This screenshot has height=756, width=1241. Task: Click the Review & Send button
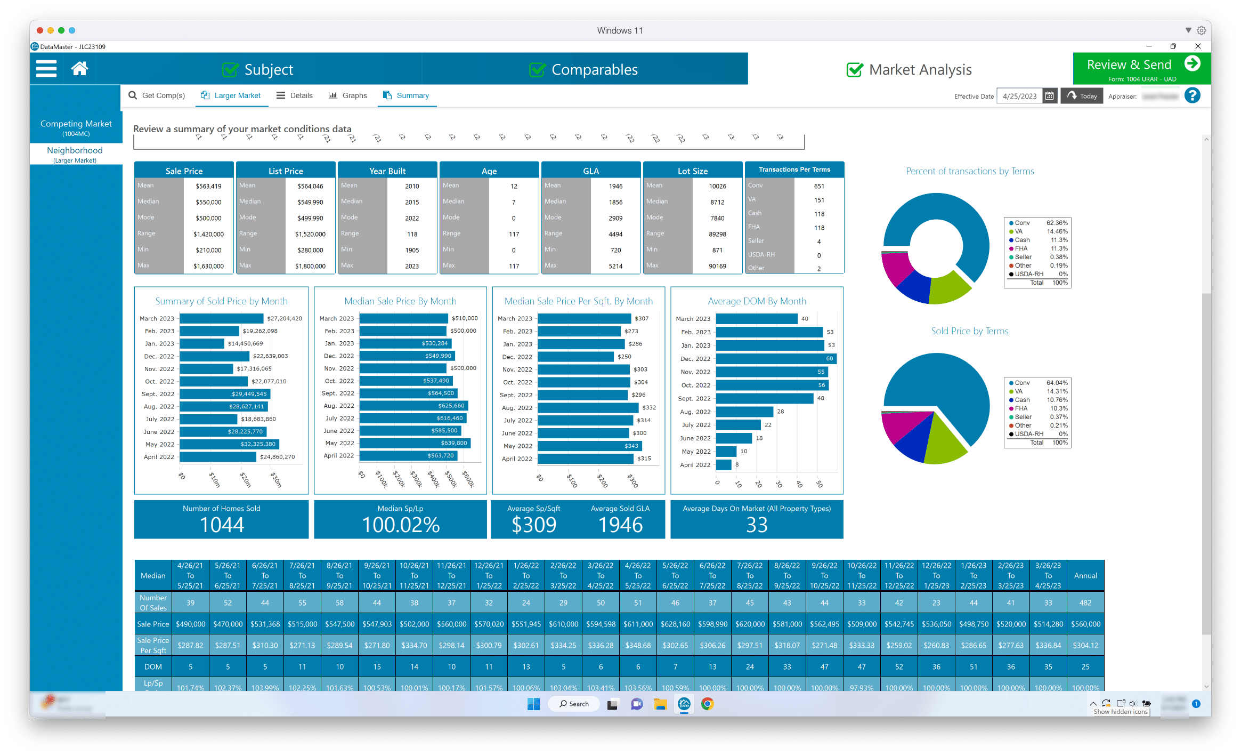click(1141, 68)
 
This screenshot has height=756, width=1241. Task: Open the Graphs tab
click(348, 95)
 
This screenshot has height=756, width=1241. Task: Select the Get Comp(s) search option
click(157, 95)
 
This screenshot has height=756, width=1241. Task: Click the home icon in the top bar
click(79, 69)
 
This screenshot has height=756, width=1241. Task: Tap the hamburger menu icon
click(46, 69)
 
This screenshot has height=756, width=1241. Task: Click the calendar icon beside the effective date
click(1049, 96)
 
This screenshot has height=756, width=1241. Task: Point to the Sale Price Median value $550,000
click(208, 202)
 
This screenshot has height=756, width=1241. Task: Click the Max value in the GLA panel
click(615, 266)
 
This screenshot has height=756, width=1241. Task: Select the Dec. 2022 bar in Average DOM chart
click(776, 359)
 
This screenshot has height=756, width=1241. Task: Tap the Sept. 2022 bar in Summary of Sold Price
click(225, 394)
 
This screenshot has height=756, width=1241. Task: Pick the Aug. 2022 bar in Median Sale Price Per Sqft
click(588, 408)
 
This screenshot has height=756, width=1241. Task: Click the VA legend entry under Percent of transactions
click(1018, 231)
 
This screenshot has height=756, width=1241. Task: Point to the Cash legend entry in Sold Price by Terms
click(1022, 400)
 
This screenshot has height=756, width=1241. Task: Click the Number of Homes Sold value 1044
click(222, 525)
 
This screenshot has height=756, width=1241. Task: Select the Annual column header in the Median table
click(1085, 576)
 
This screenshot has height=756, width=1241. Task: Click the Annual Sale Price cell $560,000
click(1085, 624)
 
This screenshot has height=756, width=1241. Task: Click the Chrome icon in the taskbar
click(707, 704)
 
